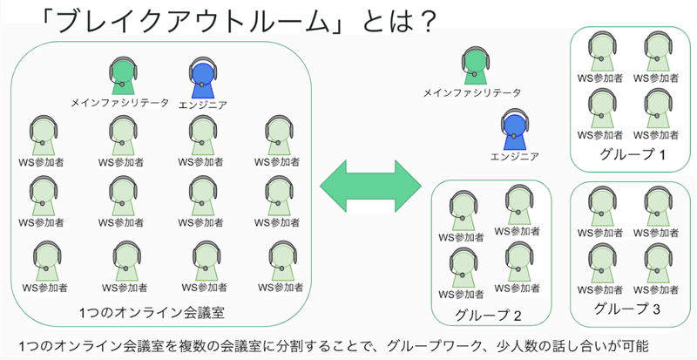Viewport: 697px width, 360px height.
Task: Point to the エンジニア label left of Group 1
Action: [x=514, y=157]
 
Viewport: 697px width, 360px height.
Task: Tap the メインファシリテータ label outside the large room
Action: [x=471, y=92]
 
